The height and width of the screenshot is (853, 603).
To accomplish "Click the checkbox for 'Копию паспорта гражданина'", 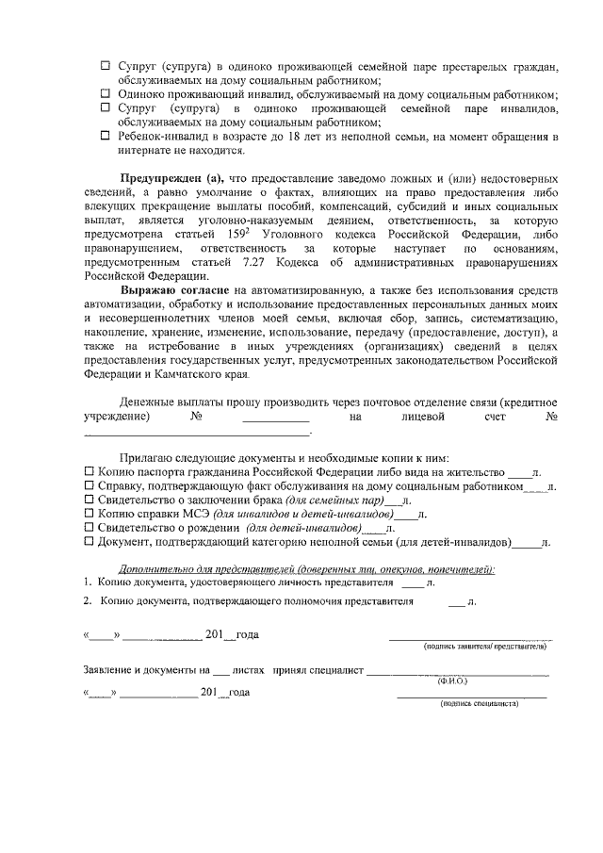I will (x=90, y=472).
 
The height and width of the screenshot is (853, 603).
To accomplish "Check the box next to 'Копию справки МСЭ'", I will (x=90, y=515).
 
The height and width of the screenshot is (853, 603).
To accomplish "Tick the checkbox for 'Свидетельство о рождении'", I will (x=90, y=529).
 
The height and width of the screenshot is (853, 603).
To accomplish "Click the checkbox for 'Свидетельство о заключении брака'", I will (x=90, y=500).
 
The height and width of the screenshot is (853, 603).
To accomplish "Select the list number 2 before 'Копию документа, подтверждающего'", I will (x=87, y=599).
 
